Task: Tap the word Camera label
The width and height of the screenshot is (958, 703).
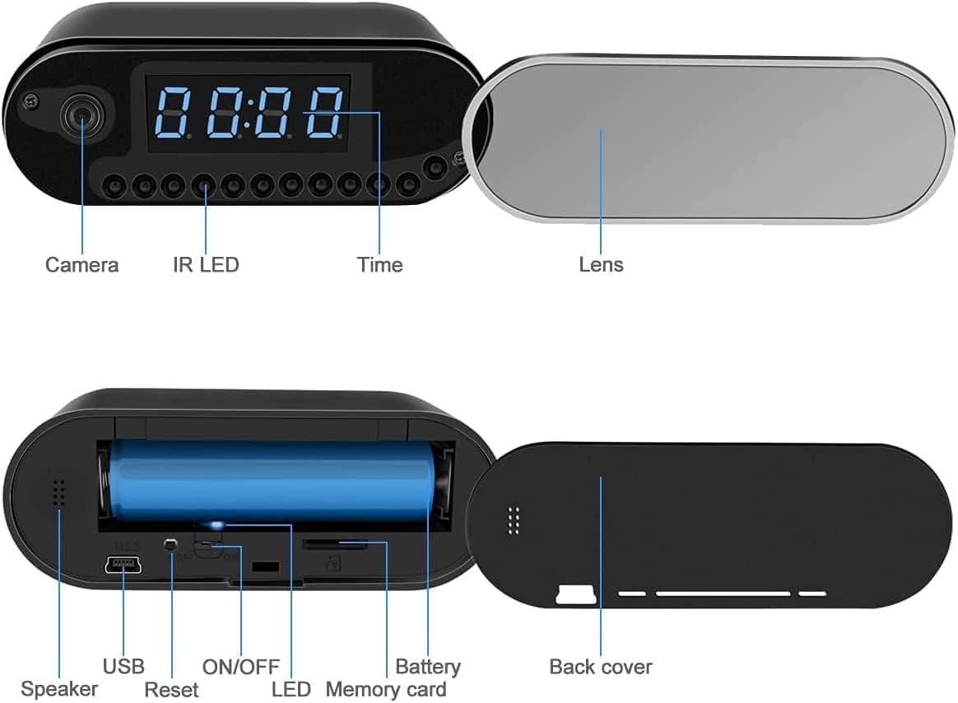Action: (x=81, y=265)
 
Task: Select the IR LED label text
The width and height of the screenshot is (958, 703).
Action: (x=206, y=265)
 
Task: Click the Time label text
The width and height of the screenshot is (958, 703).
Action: (x=379, y=265)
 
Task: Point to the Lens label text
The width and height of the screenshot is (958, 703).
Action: (x=601, y=265)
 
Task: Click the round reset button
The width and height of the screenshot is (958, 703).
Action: (x=170, y=544)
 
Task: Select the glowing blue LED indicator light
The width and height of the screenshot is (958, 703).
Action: (x=216, y=524)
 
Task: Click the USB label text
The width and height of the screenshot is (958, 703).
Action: (x=123, y=666)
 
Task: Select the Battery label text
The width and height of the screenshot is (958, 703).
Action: (x=428, y=666)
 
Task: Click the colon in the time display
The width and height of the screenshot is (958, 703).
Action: (x=247, y=113)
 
